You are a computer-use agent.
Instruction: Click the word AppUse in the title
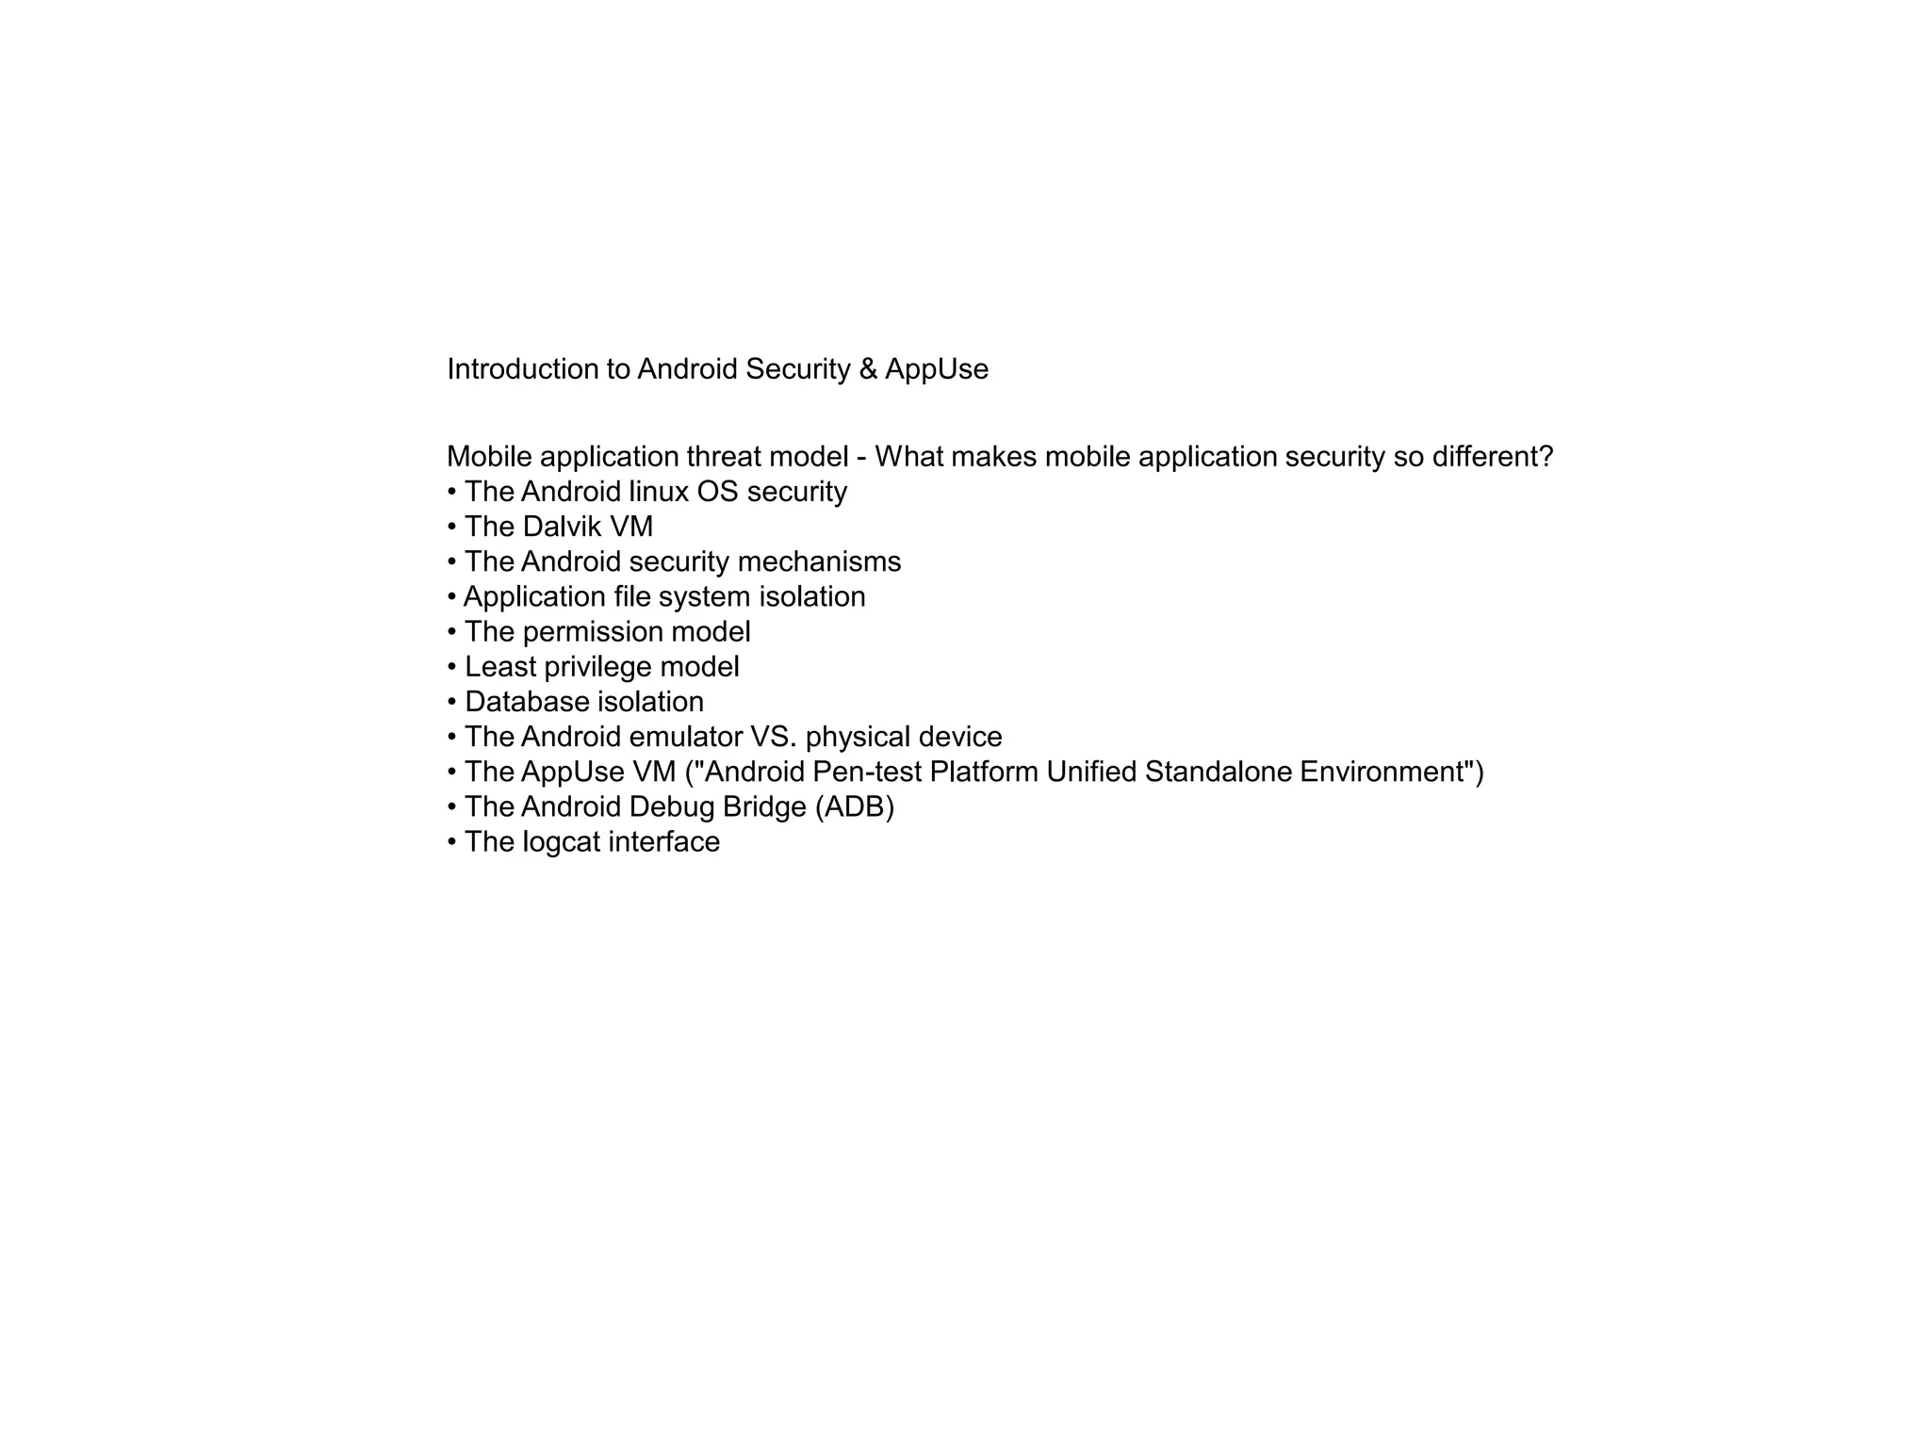click(x=937, y=369)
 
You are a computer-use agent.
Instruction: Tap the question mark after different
click(x=1545, y=457)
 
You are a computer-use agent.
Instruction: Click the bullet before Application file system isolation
click(x=451, y=597)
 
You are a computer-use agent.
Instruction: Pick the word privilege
click(x=597, y=667)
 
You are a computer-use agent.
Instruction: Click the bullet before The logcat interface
click(x=452, y=842)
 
